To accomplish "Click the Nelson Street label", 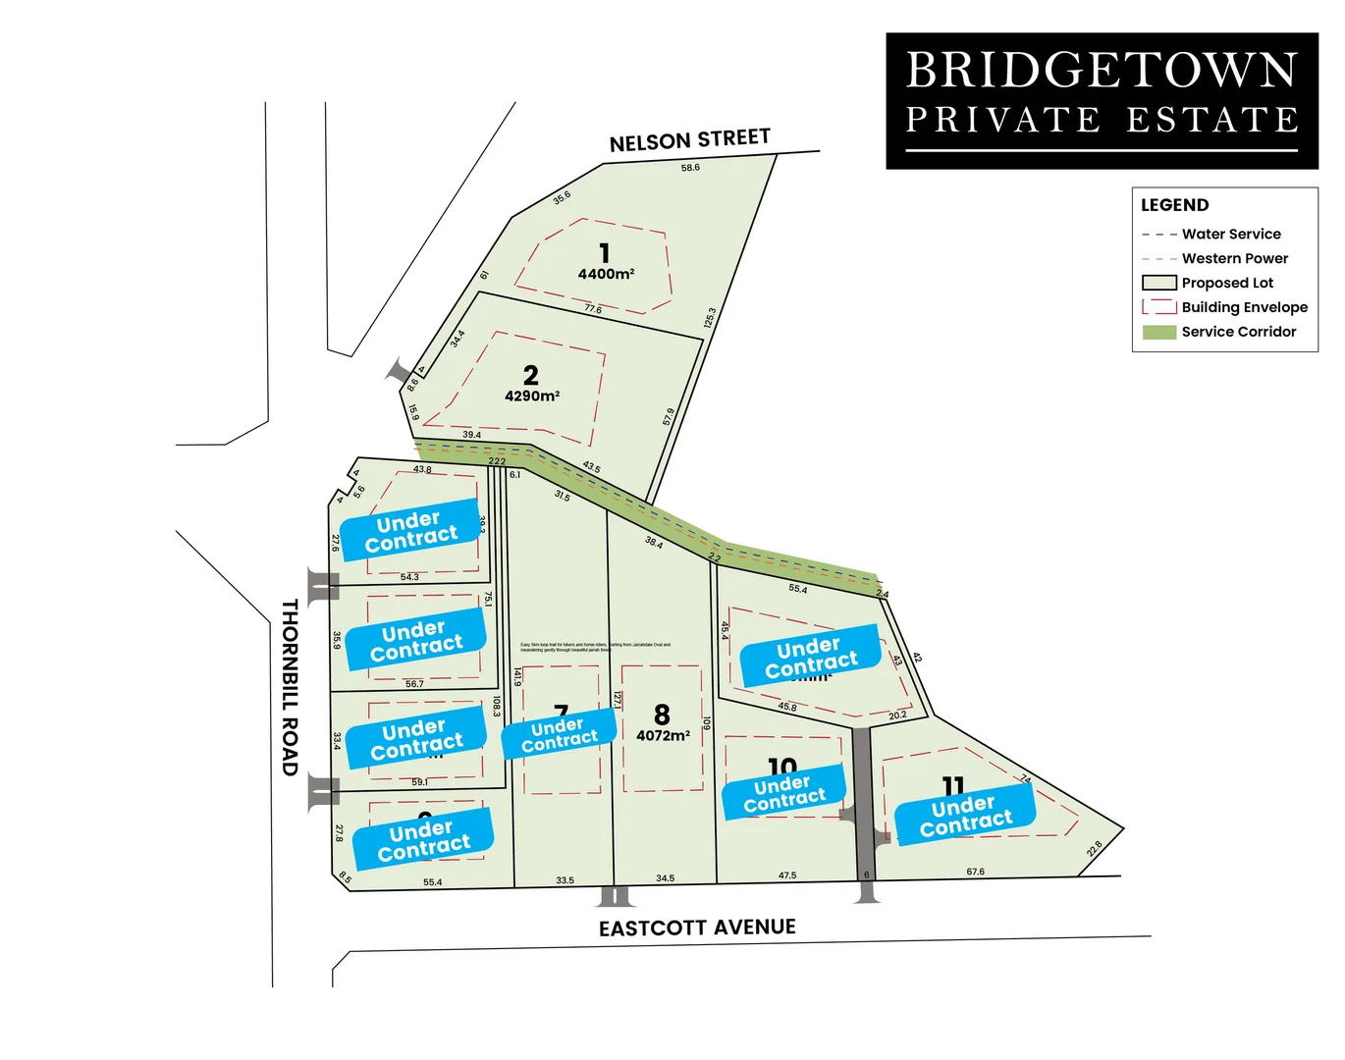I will tap(689, 140).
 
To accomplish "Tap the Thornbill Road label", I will tap(290, 687).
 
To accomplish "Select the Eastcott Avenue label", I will tap(697, 927).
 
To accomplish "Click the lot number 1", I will tap(605, 253).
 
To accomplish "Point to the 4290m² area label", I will tap(532, 397).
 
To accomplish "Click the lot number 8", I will tap(662, 715).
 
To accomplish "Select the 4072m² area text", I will tap(663, 735).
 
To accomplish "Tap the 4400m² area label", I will tap(606, 275).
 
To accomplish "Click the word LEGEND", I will tap(1174, 205).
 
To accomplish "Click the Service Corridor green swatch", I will tap(1158, 332).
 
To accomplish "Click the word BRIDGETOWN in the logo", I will tap(1102, 71).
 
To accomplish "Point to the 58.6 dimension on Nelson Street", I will tap(690, 168).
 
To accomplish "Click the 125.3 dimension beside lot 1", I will tap(710, 318).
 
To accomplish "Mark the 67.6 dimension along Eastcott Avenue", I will tap(975, 872).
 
